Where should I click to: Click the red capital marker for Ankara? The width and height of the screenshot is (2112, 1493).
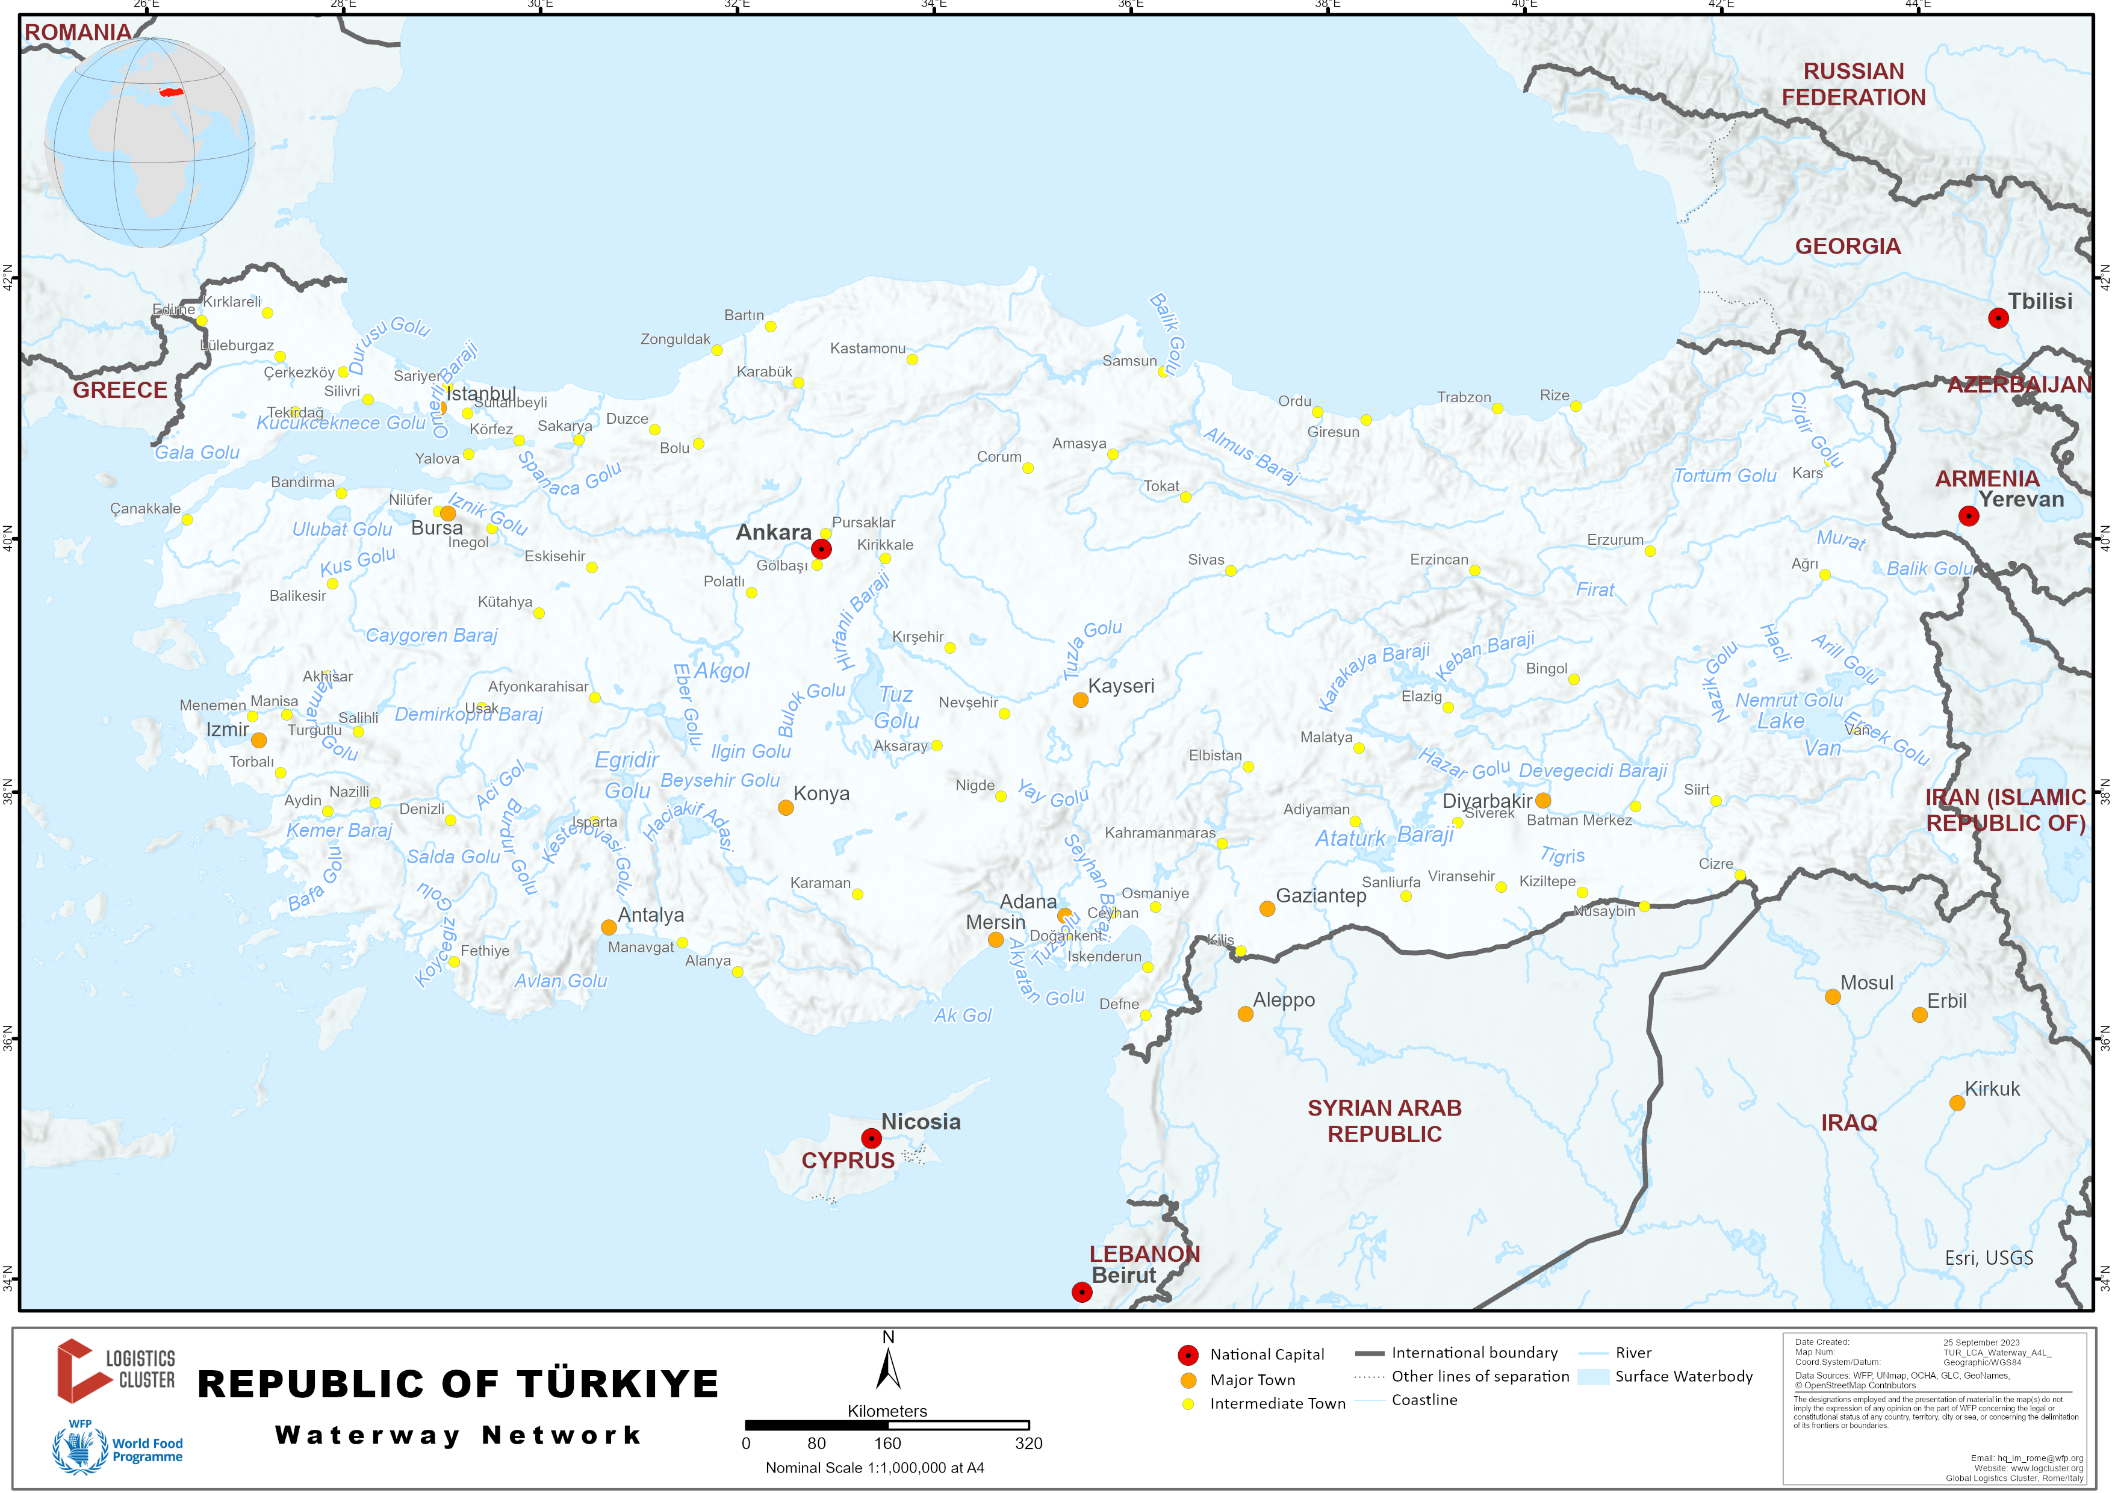coord(821,549)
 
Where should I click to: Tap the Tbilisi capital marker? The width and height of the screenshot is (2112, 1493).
coord(1998,318)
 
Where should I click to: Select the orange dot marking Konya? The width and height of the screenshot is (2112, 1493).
coord(786,808)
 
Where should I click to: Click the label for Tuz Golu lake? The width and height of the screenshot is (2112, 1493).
coord(896,707)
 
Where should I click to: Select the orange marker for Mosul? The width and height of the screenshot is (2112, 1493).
coord(1833,997)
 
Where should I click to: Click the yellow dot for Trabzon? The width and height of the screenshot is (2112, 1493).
coord(1497,408)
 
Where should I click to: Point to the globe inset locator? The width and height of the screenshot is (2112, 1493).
coord(150,143)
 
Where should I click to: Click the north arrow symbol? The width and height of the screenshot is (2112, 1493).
coord(887,1368)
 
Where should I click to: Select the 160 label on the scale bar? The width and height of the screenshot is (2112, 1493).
coord(887,1443)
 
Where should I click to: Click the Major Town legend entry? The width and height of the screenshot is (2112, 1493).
coord(1252,1380)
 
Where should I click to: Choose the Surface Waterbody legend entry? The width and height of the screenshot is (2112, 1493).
coord(1683,1376)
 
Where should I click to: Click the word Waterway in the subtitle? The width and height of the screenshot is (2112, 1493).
coord(367,1435)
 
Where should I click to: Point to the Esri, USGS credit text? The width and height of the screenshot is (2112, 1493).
coord(1989,1258)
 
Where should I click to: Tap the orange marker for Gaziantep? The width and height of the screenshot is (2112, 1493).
coord(1267,909)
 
